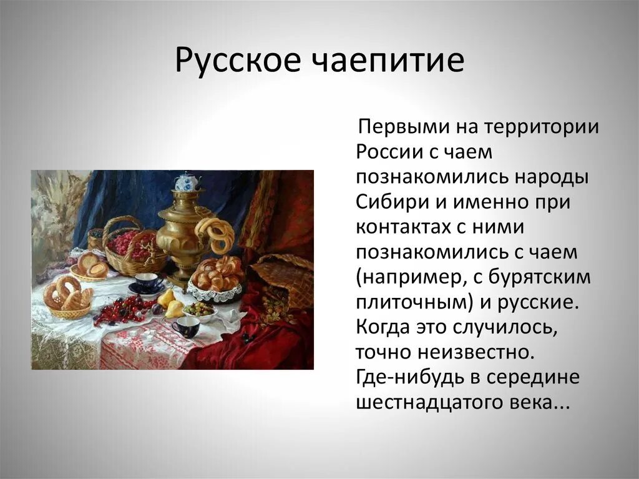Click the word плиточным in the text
[x=412, y=302]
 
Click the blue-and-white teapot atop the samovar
[x=186, y=182]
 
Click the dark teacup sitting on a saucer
[x=147, y=283]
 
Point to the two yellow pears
[x=170, y=302]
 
